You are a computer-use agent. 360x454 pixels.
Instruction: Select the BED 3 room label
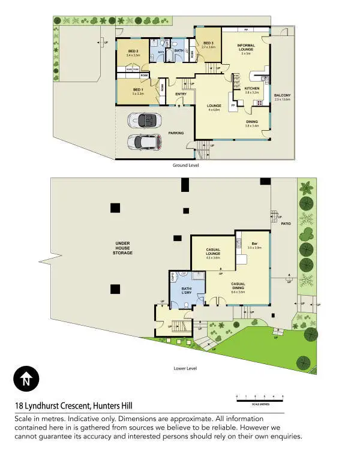click(x=208, y=44)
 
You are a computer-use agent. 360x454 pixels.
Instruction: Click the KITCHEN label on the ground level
click(x=251, y=89)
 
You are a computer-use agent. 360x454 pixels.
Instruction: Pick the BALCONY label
click(x=282, y=95)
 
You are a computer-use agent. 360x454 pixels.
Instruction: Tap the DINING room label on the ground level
click(x=251, y=122)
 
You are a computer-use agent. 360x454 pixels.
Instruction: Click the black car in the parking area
click(x=145, y=120)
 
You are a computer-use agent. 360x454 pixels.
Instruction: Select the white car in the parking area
click(x=144, y=142)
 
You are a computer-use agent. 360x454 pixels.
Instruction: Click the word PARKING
click(x=176, y=133)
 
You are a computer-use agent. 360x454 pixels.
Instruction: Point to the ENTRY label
click(x=181, y=94)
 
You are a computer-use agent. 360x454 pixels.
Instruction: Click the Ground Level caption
click(x=185, y=165)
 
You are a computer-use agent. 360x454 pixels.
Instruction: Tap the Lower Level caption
click(x=185, y=368)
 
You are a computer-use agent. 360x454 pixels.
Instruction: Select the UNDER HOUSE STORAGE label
click(x=124, y=248)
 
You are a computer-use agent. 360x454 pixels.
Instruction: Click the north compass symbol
click(x=26, y=379)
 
